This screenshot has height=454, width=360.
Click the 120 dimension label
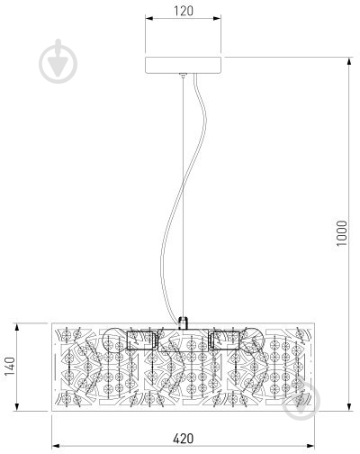point(184,11)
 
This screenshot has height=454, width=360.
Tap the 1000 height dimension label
point(342,233)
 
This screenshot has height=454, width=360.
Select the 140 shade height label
point(10,367)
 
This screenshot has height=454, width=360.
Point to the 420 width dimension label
point(184,439)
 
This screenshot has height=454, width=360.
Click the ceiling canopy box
point(184,65)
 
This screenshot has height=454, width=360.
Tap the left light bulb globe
point(115,340)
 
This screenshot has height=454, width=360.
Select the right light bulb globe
point(252,340)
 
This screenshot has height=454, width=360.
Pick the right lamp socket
point(224,340)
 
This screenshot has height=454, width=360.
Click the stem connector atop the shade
point(183,323)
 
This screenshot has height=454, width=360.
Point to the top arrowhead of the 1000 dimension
point(349,61)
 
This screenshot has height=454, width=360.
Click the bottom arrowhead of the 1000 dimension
point(349,407)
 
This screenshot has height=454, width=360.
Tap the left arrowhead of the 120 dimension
point(149,19)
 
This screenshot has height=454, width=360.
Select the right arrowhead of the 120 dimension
point(217,19)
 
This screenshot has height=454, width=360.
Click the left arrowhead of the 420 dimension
point(56,446)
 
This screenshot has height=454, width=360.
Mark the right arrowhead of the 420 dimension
point(310,446)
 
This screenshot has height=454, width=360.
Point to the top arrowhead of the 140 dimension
point(17,328)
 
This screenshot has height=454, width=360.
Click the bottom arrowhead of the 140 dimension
point(17,407)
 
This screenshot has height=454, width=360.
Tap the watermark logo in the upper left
point(58,61)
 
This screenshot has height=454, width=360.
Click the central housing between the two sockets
point(183,340)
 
